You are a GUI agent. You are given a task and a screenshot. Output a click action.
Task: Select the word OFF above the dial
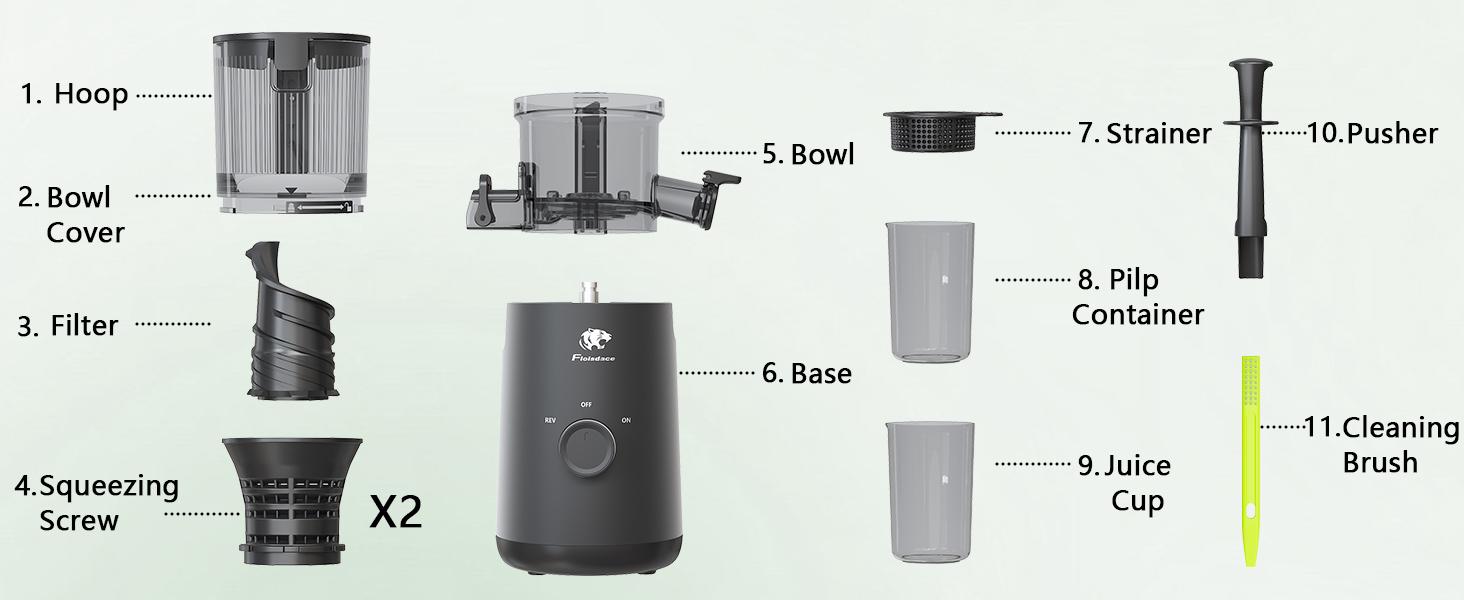point(586,404)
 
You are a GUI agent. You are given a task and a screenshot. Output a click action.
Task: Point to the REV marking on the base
point(550,421)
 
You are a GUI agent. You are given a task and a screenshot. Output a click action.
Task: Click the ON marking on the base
point(626,421)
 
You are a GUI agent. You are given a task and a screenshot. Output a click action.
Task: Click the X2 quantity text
point(396,512)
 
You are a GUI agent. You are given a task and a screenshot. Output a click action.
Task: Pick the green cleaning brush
point(1250,460)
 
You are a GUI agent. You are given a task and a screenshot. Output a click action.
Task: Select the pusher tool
point(1250,170)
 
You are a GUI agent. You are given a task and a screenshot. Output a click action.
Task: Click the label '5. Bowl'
point(808,155)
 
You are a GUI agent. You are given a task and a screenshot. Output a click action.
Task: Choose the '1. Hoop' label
point(75,95)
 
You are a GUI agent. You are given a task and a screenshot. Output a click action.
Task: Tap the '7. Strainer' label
point(1144,133)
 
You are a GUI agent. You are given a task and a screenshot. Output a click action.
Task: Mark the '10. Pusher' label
point(1372,133)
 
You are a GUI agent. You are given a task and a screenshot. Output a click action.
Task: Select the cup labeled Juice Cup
point(930,490)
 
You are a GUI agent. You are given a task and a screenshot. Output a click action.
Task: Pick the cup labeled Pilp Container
point(930,290)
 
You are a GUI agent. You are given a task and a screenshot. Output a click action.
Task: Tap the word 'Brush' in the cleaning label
point(1380,462)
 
